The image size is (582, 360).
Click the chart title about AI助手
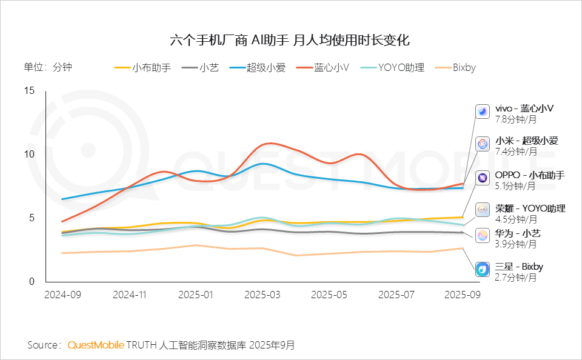(290, 41)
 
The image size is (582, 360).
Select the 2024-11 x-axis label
(130, 294)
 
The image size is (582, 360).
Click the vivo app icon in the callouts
(483, 112)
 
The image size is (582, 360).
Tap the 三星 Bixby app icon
(483, 268)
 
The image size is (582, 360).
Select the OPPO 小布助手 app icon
(483, 178)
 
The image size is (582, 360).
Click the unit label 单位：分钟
(48, 67)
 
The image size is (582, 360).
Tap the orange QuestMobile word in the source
(96, 345)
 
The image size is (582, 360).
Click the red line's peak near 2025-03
(269, 144)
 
